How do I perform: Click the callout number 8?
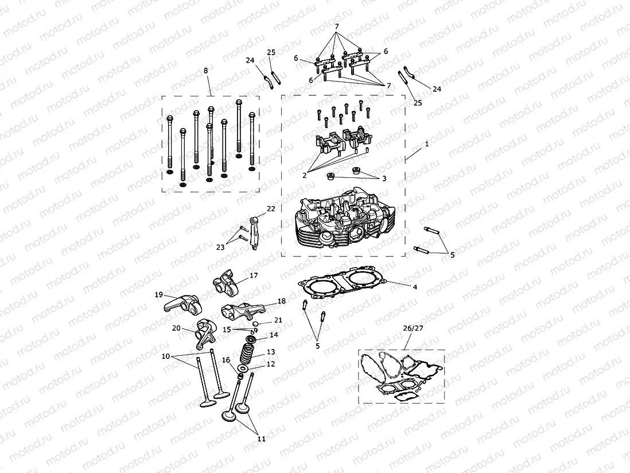[x=205, y=70]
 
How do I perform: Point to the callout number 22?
[x=271, y=208]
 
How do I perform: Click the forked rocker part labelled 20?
[x=201, y=333]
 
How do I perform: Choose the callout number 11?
[x=261, y=439]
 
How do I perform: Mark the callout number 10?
[x=166, y=356]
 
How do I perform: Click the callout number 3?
[x=384, y=179]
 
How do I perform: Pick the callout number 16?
[x=226, y=360]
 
